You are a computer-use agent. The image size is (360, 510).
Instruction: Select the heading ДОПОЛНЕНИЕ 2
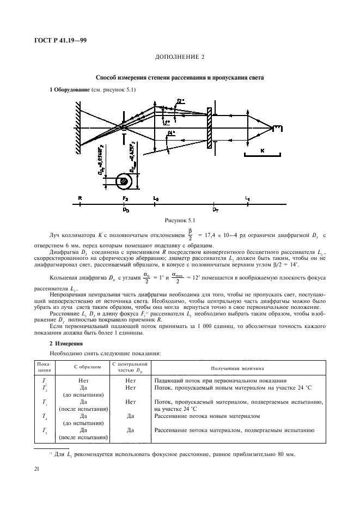tap(180, 57)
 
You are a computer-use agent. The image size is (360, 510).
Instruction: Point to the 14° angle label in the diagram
tap(172, 133)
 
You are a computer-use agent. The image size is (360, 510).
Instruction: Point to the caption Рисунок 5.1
tap(180, 220)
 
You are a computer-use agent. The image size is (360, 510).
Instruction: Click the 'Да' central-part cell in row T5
tap(130, 430)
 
